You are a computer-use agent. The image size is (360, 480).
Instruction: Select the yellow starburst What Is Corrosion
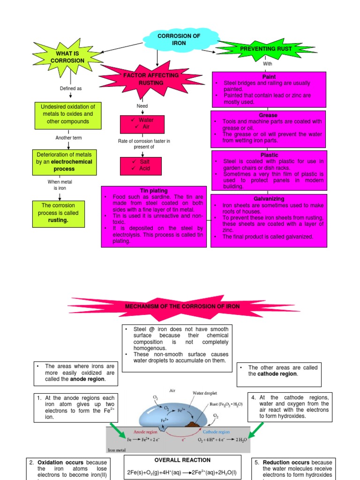coord(70,57)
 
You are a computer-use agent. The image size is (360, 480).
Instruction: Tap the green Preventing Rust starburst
coord(266,49)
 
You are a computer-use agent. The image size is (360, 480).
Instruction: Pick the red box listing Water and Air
coord(143,123)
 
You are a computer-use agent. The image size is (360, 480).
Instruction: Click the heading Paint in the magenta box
coord(269,76)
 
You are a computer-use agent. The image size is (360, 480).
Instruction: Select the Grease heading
coord(268,115)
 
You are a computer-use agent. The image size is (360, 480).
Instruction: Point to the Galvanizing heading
coord(268,199)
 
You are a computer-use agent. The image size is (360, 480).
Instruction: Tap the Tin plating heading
coord(153,191)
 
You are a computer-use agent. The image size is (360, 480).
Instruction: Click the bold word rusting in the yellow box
coord(58,220)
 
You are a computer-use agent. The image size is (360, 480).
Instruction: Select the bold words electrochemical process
coord(67,165)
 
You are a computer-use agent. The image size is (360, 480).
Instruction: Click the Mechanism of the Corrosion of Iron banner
coord(182,306)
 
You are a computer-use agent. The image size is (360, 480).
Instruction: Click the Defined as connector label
coord(70,88)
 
